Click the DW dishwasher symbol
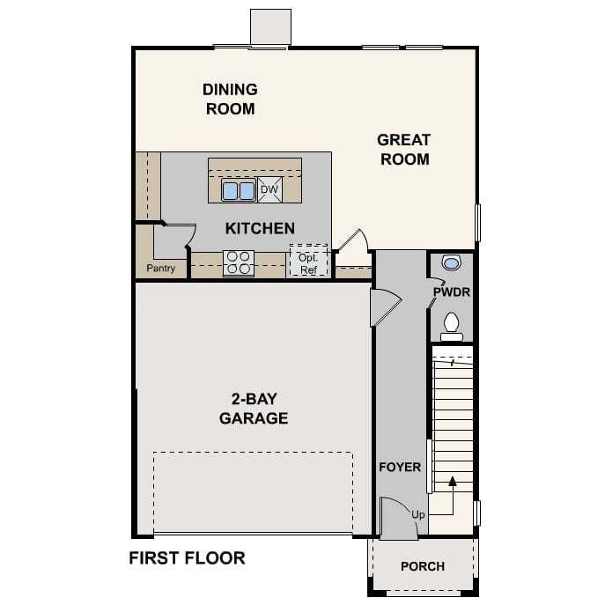(x=269, y=189)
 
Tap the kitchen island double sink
(x=239, y=190)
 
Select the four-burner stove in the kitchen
(x=239, y=263)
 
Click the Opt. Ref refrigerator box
(x=309, y=261)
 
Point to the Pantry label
(x=161, y=269)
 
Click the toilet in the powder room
(x=452, y=327)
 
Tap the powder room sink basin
(x=451, y=263)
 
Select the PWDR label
(x=452, y=292)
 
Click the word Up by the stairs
(x=418, y=515)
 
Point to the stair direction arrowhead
(x=453, y=481)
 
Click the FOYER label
(x=400, y=468)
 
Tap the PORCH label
(x=423, y=566)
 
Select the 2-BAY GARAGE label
(x=254, y=409)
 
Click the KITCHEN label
(x=260, y=228)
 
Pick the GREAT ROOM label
(x=404, y=150)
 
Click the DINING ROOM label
(x=231, y=100)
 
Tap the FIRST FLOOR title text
(x=187, y=558)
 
